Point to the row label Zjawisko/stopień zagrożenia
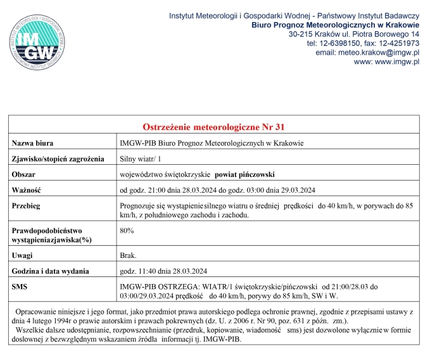58,159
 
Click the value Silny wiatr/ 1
141,159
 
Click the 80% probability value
127,231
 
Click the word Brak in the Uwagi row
128,256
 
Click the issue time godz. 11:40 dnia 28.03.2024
164,271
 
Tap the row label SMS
20,287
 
